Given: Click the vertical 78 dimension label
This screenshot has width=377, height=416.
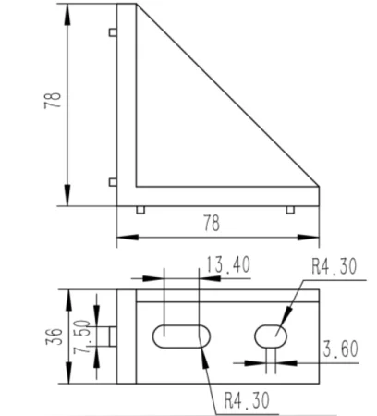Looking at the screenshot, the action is click(53, 100).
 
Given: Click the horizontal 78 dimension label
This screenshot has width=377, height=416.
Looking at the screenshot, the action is click(212, 223).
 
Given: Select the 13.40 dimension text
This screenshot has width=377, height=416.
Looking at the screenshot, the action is click(227, 264).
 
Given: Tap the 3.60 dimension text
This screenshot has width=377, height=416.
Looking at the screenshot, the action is click(340, 349).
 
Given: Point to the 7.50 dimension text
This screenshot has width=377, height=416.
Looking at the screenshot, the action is click(81, 336).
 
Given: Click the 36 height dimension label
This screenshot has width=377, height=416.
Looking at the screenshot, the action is click(55, 336).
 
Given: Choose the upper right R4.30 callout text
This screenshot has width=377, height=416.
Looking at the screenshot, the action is click(334, 266).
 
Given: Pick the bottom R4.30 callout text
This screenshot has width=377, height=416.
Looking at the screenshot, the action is click(247, 400).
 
